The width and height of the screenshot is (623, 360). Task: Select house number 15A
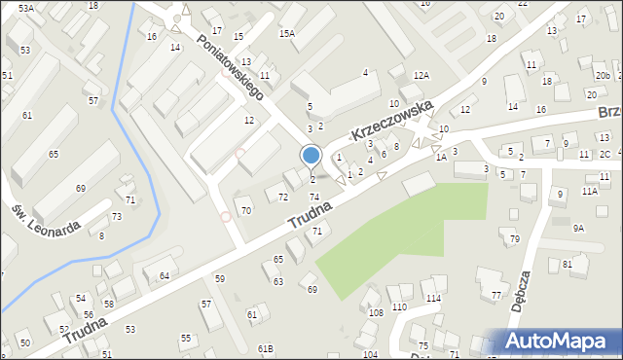286,33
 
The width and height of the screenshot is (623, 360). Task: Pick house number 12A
421,75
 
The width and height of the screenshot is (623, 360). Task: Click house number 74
314,198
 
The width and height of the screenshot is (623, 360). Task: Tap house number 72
283,198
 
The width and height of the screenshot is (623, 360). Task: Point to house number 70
246,210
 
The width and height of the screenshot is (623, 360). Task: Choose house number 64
165,276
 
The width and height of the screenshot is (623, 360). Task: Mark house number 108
376,312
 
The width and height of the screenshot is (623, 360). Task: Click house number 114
432,298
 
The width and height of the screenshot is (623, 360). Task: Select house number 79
515,239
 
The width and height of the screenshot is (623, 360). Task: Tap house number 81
568,265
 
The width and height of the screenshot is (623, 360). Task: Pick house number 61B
266,348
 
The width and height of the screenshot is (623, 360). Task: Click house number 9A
578,228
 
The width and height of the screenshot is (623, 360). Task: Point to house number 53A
25,8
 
